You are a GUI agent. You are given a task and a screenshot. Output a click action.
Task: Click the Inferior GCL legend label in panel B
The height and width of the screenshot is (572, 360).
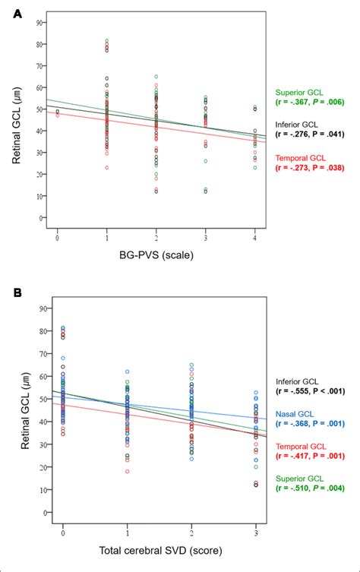[302, 381]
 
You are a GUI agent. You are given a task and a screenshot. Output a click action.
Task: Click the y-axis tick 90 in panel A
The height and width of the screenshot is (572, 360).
[39, 22]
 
